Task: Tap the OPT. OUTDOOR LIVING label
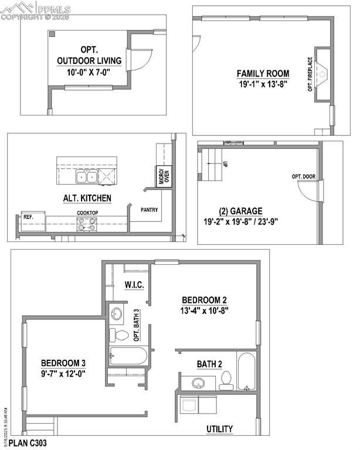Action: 89,55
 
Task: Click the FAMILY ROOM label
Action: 263,73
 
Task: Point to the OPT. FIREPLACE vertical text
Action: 310,74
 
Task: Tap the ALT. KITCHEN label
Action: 87,198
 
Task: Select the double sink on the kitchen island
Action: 86,176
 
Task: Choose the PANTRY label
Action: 150,209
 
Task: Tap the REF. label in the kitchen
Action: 28,216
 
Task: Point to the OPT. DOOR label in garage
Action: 304,176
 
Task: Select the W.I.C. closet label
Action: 134,285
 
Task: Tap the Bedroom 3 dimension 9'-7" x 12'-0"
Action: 63,373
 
